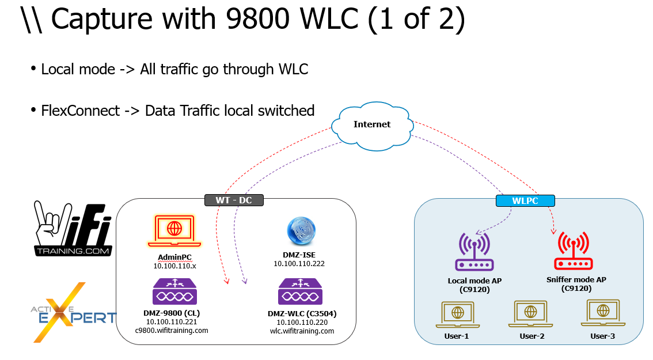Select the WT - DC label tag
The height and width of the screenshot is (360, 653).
click(234, 200)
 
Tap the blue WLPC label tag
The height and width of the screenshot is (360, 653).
click(525, 200)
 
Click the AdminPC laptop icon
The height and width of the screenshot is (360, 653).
click(173, 228)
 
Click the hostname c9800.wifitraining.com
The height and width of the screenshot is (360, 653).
click(172, 330)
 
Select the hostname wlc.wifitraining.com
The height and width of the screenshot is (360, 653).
click(302, 331)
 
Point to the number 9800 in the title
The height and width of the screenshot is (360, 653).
click(258, 20)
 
